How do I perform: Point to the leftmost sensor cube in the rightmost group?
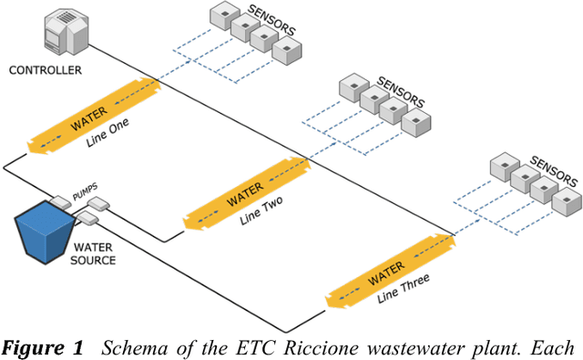[503, 168]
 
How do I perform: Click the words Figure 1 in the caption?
[43, 346]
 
